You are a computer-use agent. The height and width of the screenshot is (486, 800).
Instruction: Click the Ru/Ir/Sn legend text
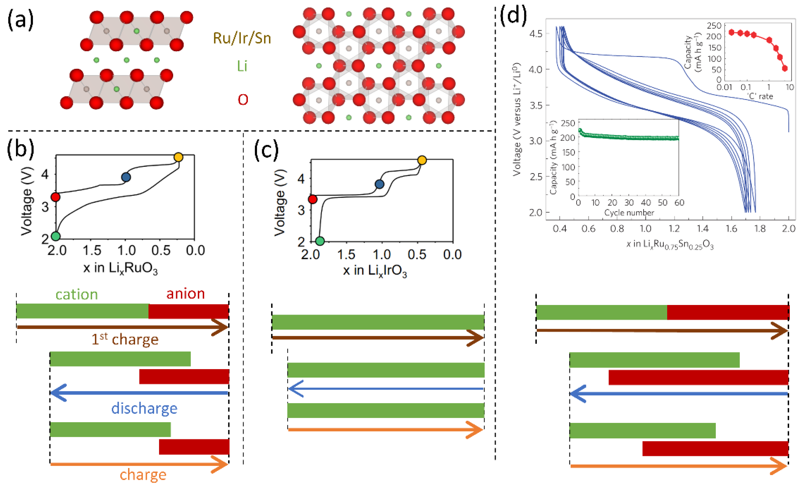242,38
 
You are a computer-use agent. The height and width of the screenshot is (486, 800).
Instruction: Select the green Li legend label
242,66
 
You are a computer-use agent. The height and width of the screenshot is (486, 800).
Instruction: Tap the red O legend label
243,100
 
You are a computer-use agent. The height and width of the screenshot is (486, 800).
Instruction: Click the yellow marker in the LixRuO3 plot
178,157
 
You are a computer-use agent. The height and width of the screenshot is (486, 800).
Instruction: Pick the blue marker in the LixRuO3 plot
126,177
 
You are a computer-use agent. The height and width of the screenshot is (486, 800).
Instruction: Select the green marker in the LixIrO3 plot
320,241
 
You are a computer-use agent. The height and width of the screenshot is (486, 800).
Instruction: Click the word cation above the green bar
77,294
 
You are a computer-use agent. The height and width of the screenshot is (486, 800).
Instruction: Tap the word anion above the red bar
185,294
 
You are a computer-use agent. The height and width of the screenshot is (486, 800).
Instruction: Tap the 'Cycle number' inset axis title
629,213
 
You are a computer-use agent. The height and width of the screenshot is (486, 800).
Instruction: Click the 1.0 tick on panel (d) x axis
645,229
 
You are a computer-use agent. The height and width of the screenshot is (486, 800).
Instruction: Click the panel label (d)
513,15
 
